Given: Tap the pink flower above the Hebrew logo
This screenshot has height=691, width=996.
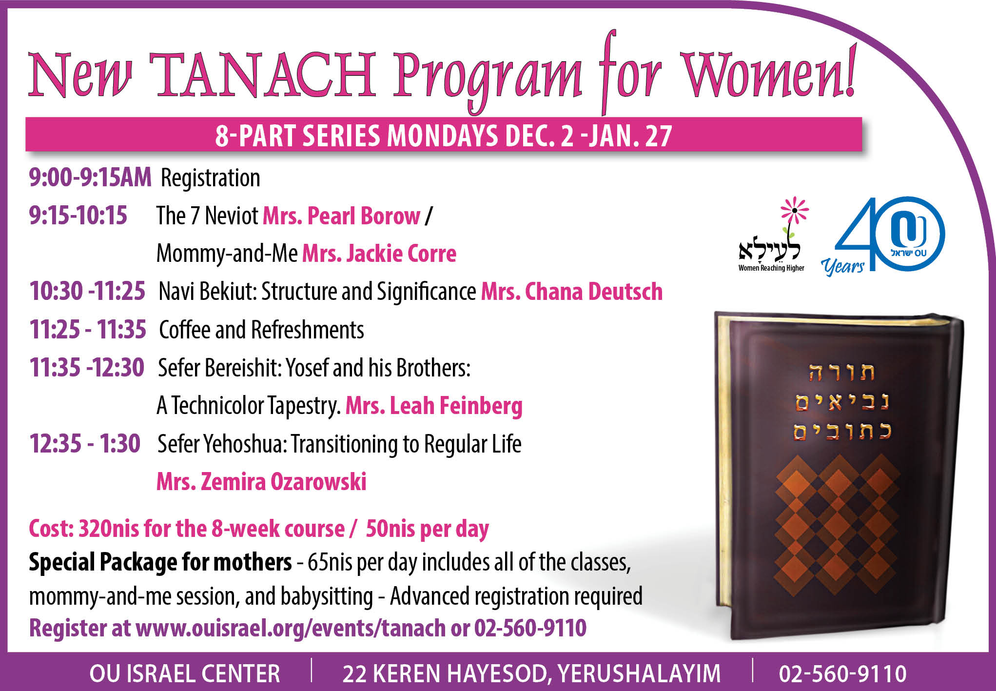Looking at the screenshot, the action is coord(794,210).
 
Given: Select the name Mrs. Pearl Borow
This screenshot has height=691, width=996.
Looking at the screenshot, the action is coord(341,216).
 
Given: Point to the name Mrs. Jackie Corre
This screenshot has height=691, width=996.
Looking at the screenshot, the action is coord(379,253).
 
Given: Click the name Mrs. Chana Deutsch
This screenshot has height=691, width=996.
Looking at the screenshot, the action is coord(572,291).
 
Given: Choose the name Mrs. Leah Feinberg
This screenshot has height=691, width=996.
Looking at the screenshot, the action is coord(434,406).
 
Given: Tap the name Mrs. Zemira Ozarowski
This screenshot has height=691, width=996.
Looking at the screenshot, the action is coord(261,481).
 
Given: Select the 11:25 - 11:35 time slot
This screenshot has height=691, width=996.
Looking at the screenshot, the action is coord(88,329).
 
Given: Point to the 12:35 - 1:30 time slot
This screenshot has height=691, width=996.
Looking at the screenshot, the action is coord(85,444).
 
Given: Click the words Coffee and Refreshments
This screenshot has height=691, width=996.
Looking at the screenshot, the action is coord(261,330).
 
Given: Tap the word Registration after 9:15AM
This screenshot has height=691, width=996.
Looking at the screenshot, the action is coord(211,178).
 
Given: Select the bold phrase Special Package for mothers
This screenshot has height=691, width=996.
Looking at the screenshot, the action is coord(160,562).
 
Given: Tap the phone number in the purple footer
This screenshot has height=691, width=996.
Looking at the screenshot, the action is coord(842,673).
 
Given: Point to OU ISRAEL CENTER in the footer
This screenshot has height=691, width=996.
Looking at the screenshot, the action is coord(185,673).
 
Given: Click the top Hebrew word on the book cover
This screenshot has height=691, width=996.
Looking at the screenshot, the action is coord(842,373).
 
